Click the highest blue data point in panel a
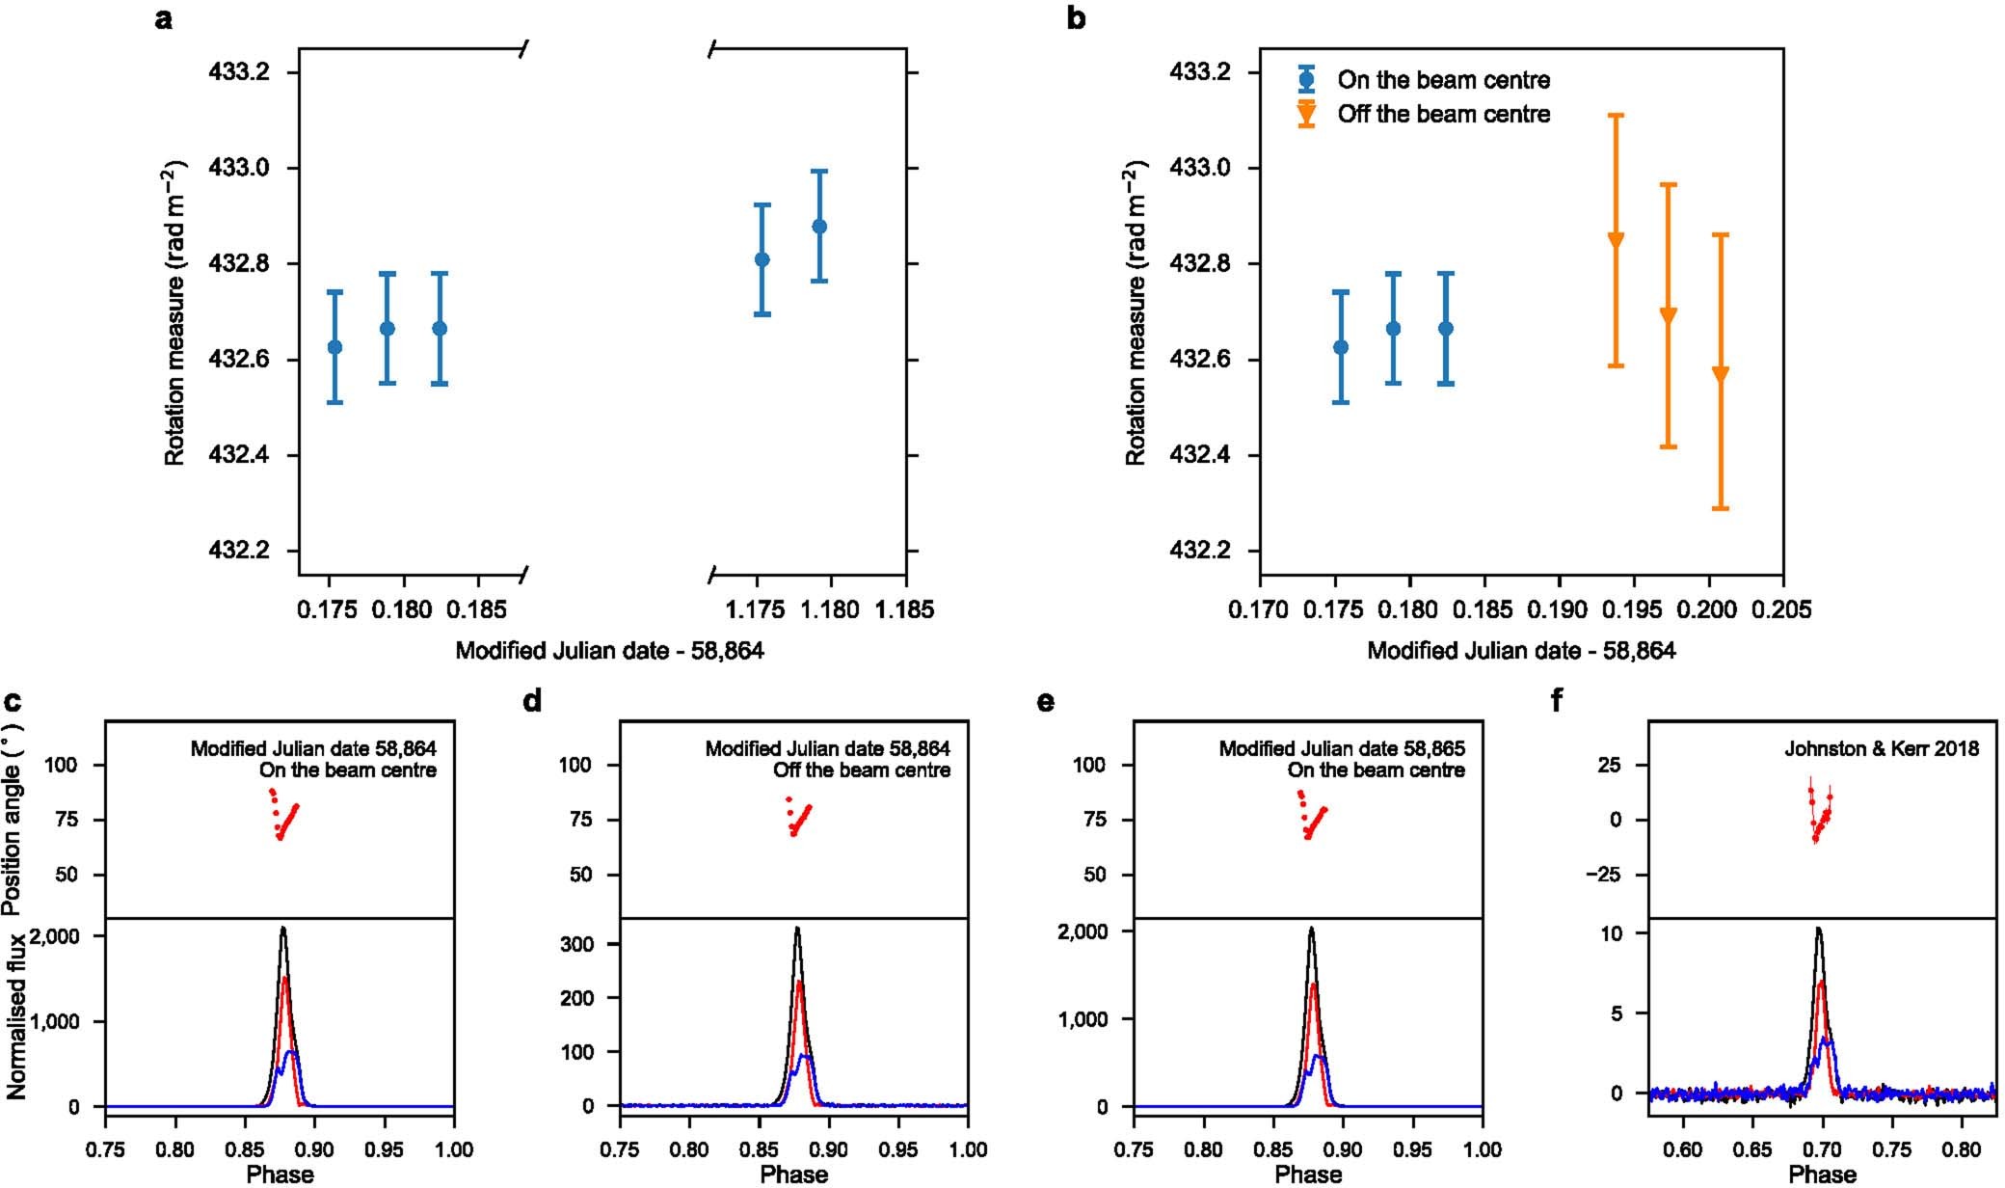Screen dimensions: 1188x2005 pos(819,227)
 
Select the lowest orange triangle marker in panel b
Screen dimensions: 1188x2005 pos(1720,373)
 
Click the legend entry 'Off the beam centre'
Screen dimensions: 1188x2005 pos(1443,114)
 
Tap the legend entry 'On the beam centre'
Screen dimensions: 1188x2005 pos(1443,80)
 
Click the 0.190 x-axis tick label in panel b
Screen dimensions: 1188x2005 pos(1559,609)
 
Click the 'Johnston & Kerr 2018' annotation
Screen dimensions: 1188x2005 pos(1881,748)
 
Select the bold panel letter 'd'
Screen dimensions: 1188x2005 pos(531,701)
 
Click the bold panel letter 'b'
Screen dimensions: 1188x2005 pos(1076,18)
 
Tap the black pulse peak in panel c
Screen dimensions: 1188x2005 pos(283,929)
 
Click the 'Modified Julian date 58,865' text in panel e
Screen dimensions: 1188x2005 pos(1342,748)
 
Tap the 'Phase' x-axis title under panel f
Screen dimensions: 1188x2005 pos(1822,1174)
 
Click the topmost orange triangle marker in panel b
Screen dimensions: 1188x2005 pos(1617,239)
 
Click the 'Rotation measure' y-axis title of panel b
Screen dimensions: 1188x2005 pos(1136,313)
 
